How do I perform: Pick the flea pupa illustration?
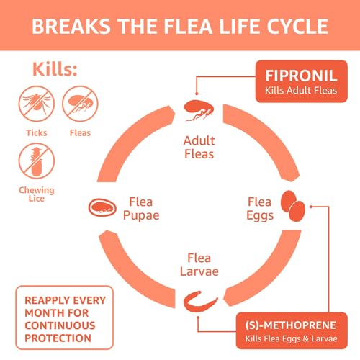coord(103,208)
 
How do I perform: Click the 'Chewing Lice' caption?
coord(35,194)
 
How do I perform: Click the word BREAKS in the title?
coord(67,27)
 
